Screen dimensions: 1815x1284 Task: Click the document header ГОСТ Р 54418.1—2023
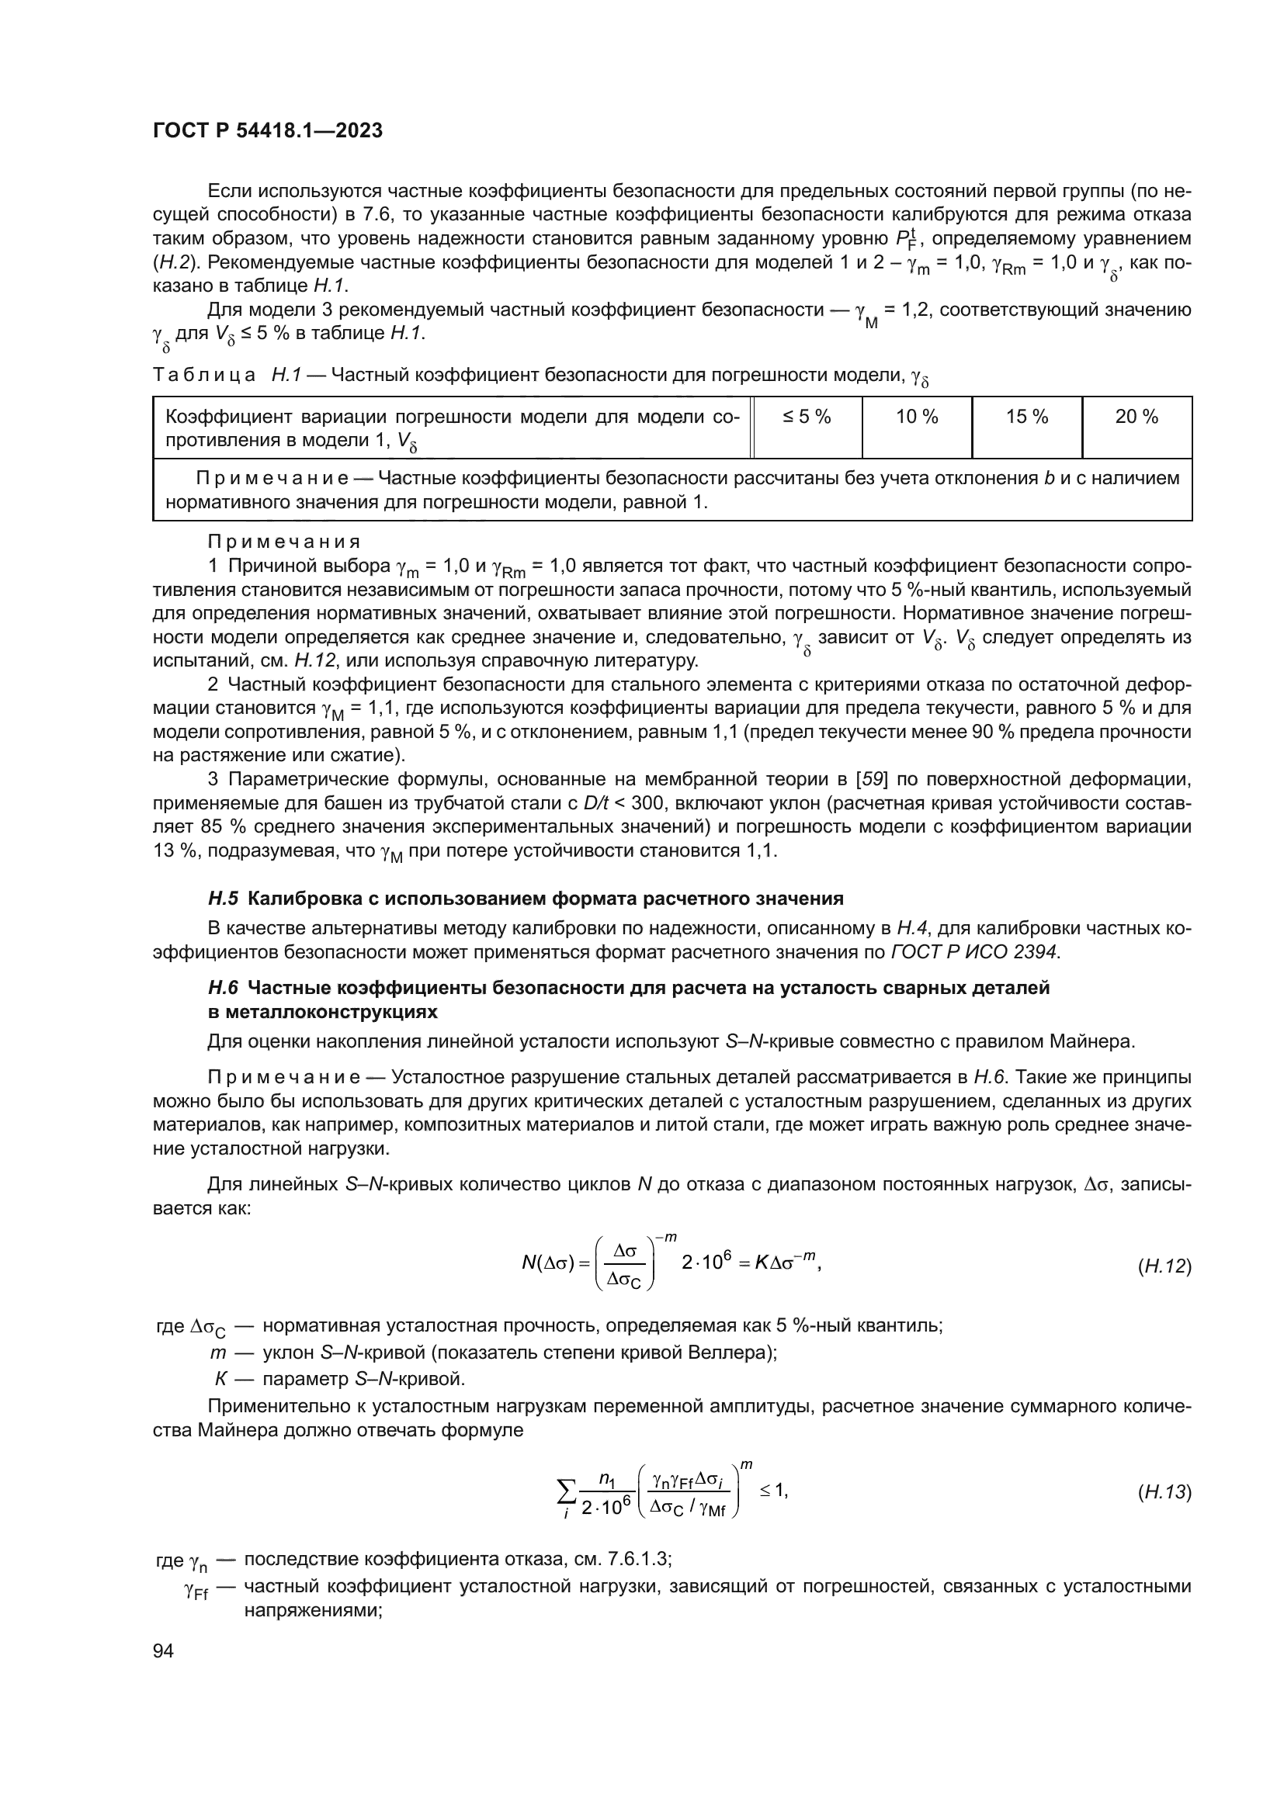(267, 130)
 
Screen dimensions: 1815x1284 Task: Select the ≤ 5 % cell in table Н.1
(807, 417)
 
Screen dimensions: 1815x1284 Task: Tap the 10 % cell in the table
(916, 417)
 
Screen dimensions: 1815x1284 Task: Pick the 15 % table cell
(1026, 417)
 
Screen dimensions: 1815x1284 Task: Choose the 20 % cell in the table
(1137, 417)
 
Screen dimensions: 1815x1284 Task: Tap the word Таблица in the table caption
(204, 375)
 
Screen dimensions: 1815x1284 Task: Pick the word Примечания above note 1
(284, 542)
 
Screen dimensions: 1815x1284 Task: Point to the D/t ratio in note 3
(596, 804)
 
